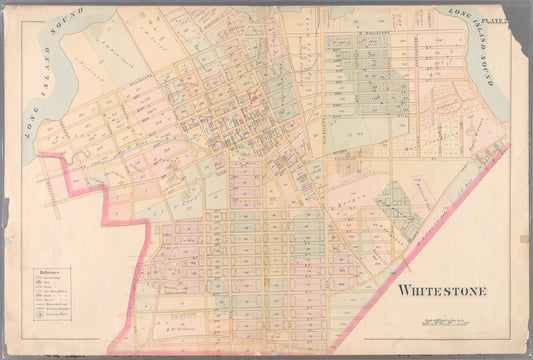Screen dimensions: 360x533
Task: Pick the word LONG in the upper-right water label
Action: (458, 16)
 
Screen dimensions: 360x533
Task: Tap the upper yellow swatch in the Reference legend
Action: (38, 289)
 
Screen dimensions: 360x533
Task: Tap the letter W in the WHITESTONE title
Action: (405, 291)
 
